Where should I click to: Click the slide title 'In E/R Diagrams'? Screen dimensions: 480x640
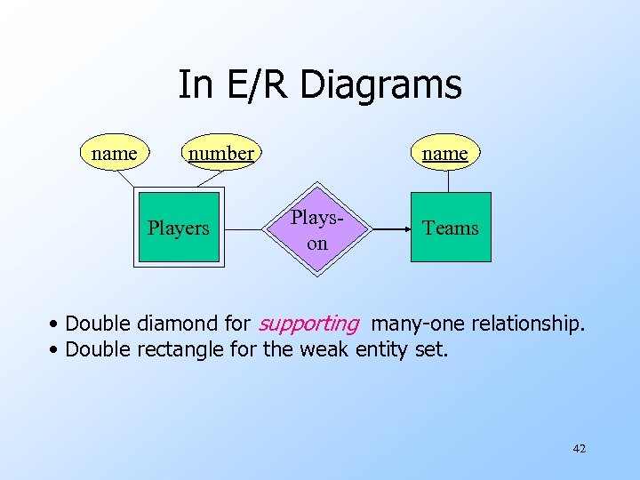click(319, 85)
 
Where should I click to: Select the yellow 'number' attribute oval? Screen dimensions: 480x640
click(220, 153)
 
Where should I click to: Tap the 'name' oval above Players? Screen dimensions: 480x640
click(115, 153)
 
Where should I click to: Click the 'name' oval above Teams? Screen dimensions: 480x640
click(444, 153)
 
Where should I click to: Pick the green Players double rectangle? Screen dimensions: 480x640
click(179, 228)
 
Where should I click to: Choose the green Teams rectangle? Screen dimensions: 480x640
click(450, 228)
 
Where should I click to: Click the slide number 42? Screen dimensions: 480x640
click(579, 449)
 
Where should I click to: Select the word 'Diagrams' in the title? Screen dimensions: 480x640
click(381, 85)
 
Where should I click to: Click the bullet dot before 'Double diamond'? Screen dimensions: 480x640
click(55, 324)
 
